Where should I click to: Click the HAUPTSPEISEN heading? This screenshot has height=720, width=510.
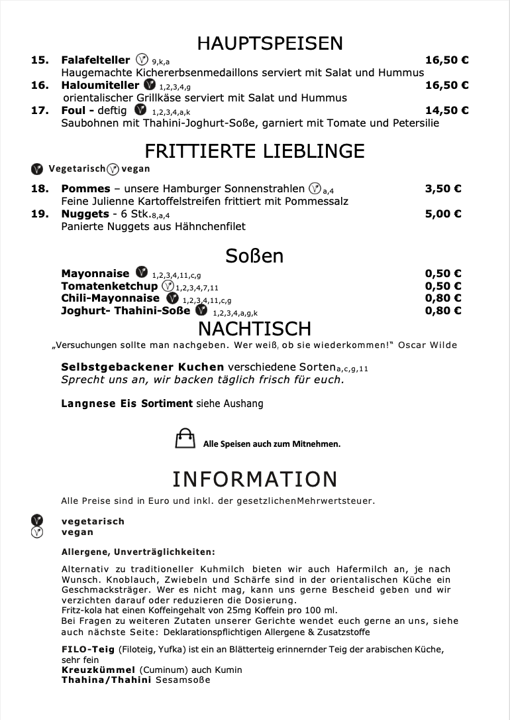coord(270,43)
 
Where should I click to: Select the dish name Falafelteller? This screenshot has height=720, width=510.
coord(95,60)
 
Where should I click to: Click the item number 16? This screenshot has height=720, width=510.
coord(40,85)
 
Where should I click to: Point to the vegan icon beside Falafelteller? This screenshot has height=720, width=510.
coord(141,59)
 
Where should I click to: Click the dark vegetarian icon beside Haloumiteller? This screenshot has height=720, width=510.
coord(150,85)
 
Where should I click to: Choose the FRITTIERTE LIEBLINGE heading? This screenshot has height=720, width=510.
coord(254,150)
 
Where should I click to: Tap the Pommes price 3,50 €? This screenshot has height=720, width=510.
coord(442,188)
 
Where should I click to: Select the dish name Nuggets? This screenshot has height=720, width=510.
coord(85,213)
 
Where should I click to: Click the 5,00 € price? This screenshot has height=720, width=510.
coord(442,213)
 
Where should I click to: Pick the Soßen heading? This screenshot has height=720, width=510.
coord(254,256)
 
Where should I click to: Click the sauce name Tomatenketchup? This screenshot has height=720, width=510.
coord(109,286)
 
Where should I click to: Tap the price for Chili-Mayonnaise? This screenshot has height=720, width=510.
coord(442,298)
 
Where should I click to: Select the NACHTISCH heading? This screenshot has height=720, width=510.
coord(254,328)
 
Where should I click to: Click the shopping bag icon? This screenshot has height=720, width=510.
coord(185,439)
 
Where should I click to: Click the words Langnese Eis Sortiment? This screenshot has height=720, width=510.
coord(127,403)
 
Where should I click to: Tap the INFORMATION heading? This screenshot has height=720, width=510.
coord(254,479)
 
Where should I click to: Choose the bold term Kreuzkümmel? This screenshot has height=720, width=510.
coord(98,670)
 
